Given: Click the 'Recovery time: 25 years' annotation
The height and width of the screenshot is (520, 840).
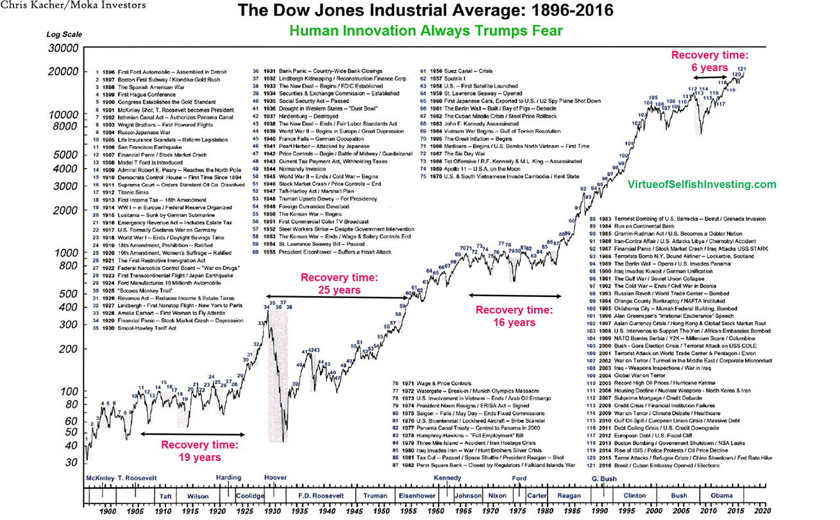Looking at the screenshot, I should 339,284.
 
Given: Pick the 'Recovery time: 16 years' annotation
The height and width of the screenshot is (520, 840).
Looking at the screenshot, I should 514,316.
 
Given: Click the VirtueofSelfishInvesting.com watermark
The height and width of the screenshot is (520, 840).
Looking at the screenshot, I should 702,184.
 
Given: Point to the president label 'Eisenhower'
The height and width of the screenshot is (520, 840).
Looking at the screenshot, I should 417,496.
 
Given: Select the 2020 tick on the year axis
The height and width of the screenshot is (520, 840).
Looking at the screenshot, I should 762,511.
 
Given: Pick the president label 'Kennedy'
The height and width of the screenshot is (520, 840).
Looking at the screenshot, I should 447,478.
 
